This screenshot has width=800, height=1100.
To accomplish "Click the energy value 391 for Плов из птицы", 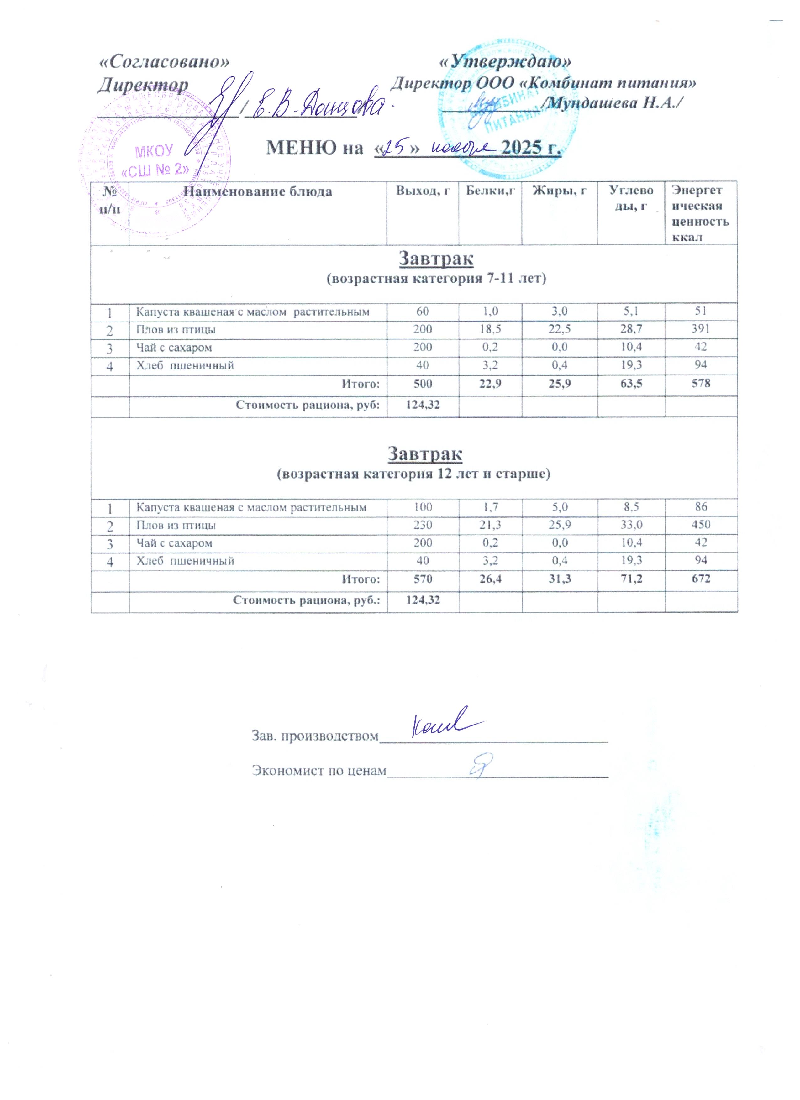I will pos(701,329).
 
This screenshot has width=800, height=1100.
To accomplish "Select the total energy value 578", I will pos(701,384).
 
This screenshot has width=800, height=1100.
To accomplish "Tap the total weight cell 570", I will pos(423,579).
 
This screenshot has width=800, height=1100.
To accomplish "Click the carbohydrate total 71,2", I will pos(631,579).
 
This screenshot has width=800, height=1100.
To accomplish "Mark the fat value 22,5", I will pos(559,329).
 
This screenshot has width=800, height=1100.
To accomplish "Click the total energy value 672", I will pos(701,579).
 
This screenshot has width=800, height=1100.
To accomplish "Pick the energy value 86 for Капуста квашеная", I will pos(701,507).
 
